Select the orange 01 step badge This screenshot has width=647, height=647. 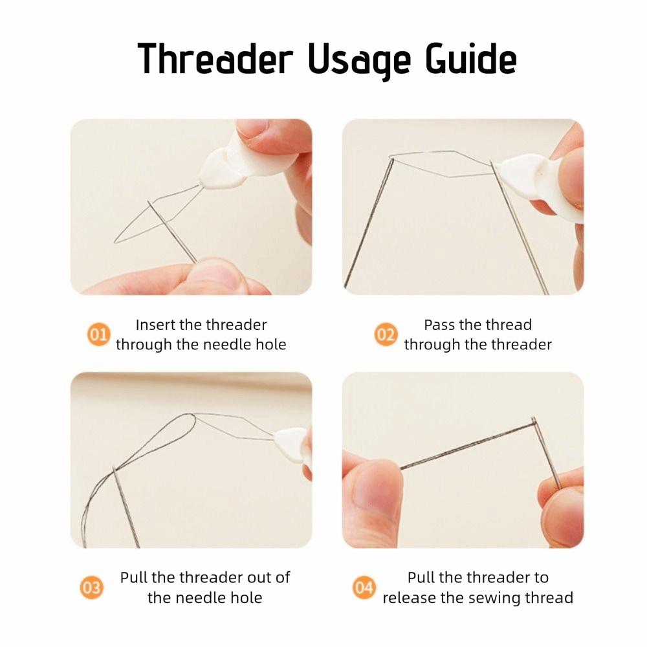tap(98, 334)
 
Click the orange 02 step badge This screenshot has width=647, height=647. tap(386, 334)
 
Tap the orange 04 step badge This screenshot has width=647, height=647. tap(364, 587)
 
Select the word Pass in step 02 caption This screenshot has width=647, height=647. tap(438, 325)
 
